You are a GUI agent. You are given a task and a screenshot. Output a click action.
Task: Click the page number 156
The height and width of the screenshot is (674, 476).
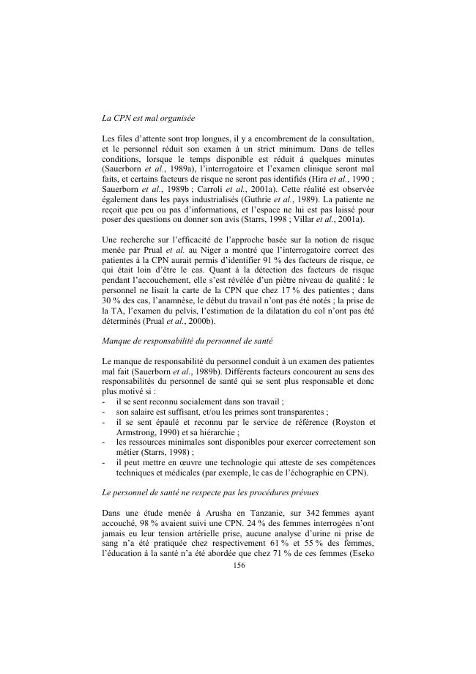[x=238, y=566]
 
